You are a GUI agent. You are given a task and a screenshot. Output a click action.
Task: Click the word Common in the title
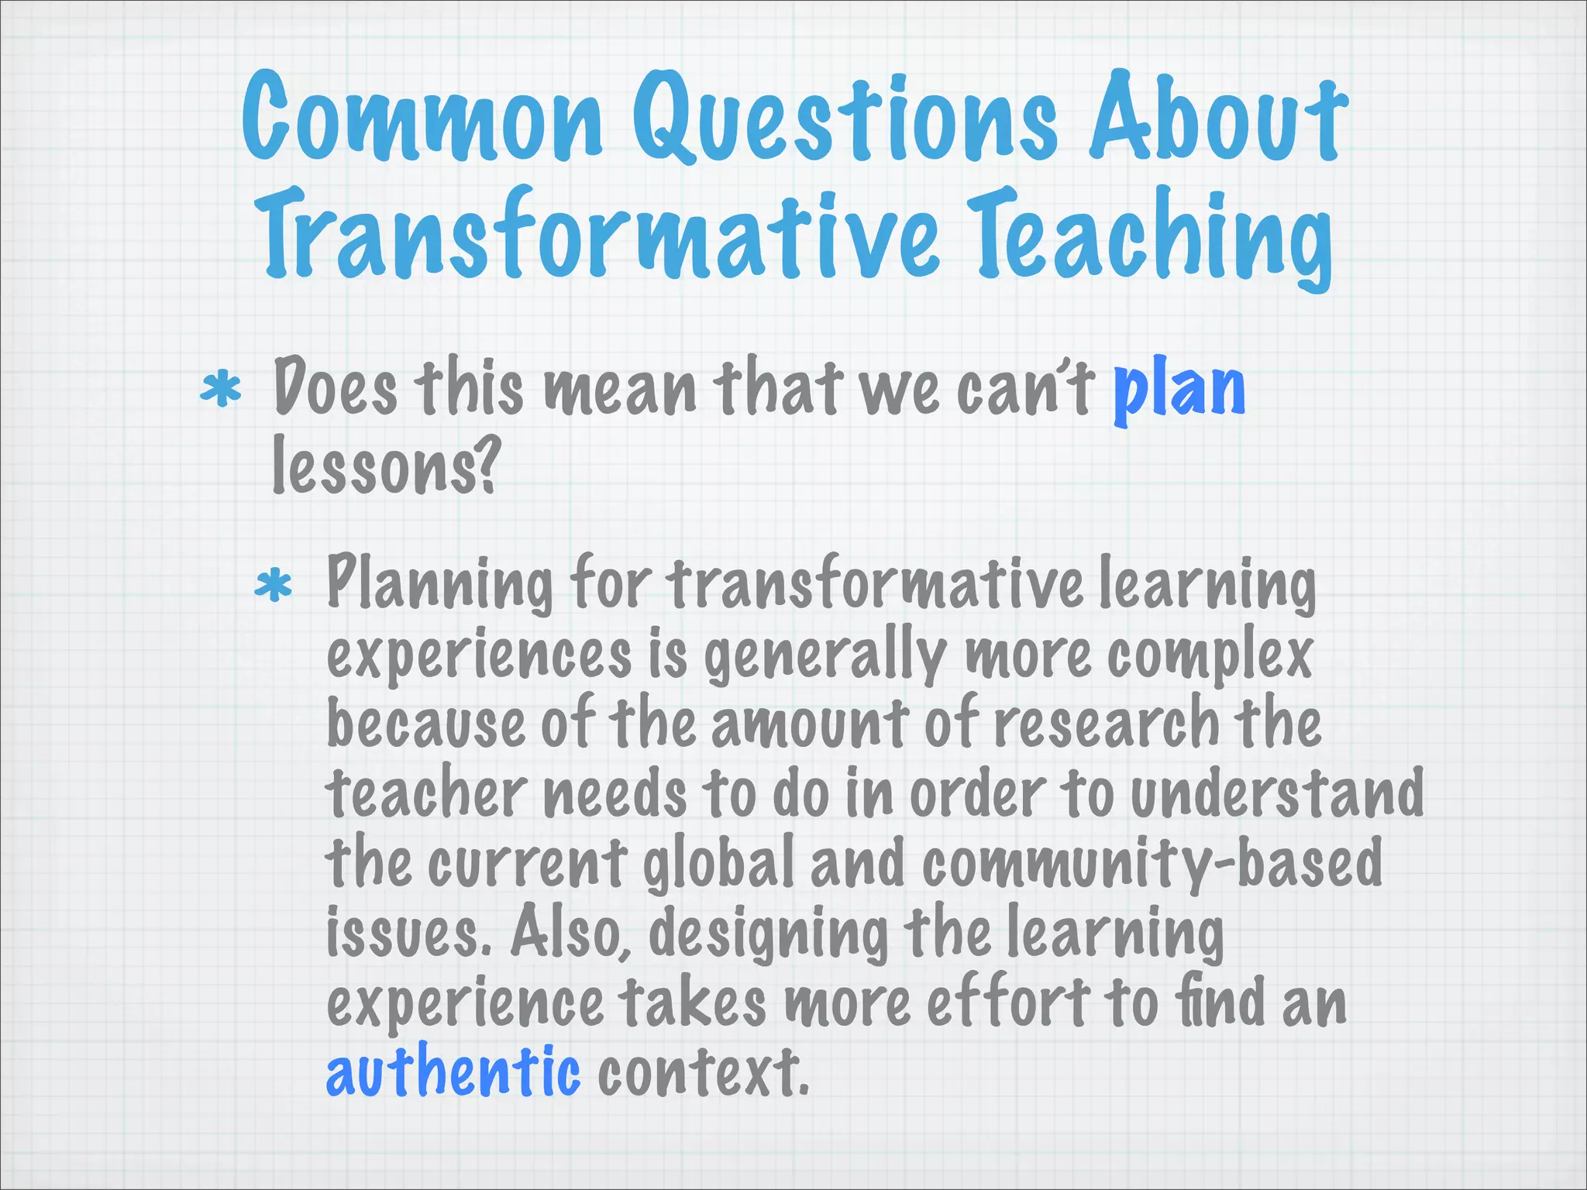(x=422, y=116)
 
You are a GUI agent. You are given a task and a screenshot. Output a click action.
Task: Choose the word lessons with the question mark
(x=384, y=465)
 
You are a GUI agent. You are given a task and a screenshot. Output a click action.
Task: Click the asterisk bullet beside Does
(x=221, y=390)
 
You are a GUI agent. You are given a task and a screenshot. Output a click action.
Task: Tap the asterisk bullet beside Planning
(x=274, y=586)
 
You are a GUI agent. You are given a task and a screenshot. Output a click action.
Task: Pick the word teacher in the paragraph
(x=425, y=793)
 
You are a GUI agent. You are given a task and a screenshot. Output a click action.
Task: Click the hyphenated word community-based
(x=1152, y=863)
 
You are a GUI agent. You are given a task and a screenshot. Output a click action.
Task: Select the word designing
(x=767, y=933)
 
